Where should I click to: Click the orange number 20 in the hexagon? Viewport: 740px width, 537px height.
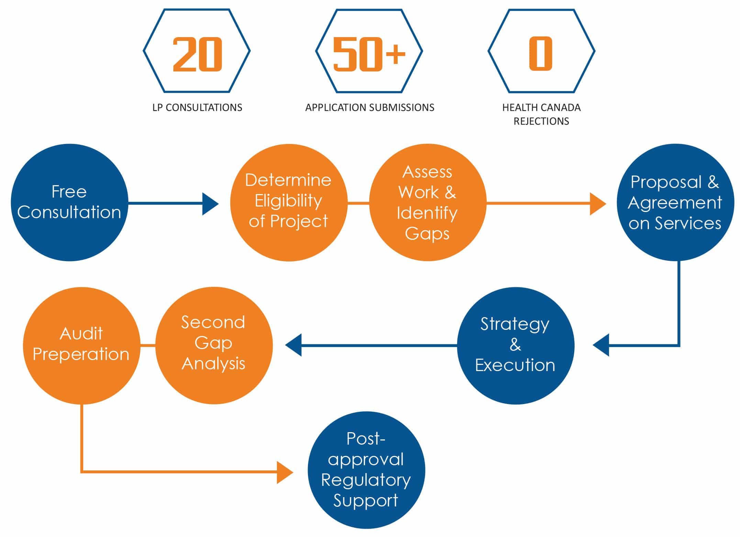[x=197, y=54]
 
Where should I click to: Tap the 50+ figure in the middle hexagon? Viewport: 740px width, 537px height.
[x=369, y=54]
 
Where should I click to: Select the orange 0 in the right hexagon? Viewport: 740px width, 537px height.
[x=541, y=54]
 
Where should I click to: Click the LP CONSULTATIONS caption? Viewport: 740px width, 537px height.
[x=197, y=108]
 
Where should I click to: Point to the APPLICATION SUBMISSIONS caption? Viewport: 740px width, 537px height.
[x=370, y=108]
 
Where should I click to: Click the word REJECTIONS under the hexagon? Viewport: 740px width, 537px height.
[x=541, y=121]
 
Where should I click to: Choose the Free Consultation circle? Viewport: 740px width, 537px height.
[x=69, y=202]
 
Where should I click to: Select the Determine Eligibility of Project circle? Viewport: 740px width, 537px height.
[x=289, y=202]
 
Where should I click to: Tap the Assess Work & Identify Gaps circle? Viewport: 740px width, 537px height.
[x=428, y=202]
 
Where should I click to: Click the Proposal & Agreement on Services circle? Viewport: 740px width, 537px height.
[x=675, y=202]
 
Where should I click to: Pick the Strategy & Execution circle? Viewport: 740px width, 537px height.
[x=516, y=345]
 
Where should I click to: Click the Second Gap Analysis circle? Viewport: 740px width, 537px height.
[x=214, y=345]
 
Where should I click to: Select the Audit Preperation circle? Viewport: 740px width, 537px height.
[x=81, y=345]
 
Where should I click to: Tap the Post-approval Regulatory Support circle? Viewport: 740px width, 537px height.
[x=366, y=470]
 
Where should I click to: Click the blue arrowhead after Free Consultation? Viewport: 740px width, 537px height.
[x=210, y=204]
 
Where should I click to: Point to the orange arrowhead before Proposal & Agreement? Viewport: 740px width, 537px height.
[x=598, y=204]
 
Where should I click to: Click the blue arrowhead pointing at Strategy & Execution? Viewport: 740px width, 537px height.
[x=601, y=345]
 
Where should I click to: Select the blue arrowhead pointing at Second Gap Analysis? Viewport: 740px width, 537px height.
[x=293, y=345]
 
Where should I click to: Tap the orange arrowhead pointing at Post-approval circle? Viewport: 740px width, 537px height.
[x=285, y=472]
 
